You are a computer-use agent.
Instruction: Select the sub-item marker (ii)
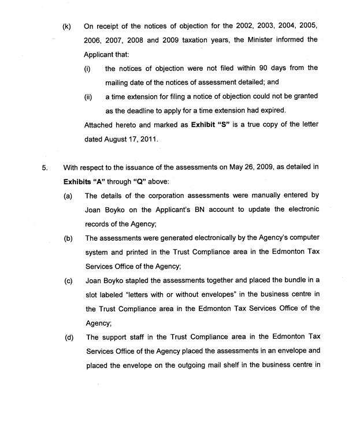click(88, 96)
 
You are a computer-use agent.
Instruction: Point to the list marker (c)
click(68, 281)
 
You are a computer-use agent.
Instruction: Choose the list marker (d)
click(69, 337)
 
